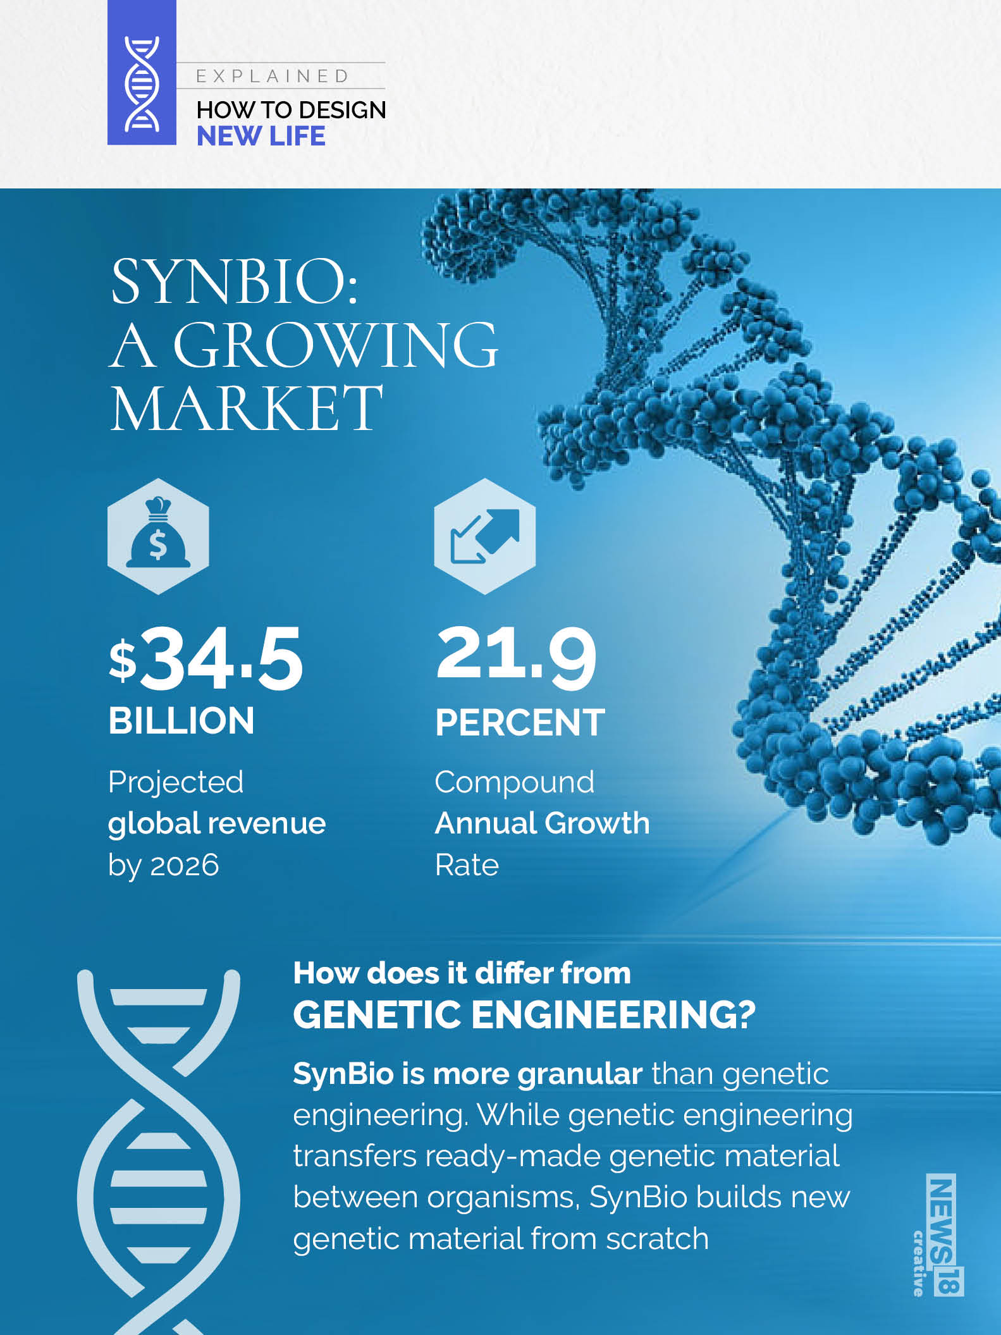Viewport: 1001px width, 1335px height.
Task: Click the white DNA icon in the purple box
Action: click(142, 83)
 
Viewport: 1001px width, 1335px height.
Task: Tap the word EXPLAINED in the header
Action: click(273, 77)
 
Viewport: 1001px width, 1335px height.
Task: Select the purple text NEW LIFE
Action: click(261, 136)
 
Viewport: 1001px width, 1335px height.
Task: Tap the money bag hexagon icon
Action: click(158, 536)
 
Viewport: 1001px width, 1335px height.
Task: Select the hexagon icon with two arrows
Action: click(485, 536)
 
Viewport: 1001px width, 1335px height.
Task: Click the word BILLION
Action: click(181, 721)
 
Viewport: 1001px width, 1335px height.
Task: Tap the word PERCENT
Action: click(520, 722)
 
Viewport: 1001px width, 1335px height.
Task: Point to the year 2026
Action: click(185, 864)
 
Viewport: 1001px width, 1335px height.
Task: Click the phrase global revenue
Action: click(217, 823)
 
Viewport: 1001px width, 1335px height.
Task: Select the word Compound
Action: click(514, 782)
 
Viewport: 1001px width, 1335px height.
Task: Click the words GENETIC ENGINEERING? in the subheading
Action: click(524, 1015)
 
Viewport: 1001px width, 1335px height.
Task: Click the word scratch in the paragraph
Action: click(657, 1239)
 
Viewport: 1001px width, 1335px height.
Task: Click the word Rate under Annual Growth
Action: click(467, 864)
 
